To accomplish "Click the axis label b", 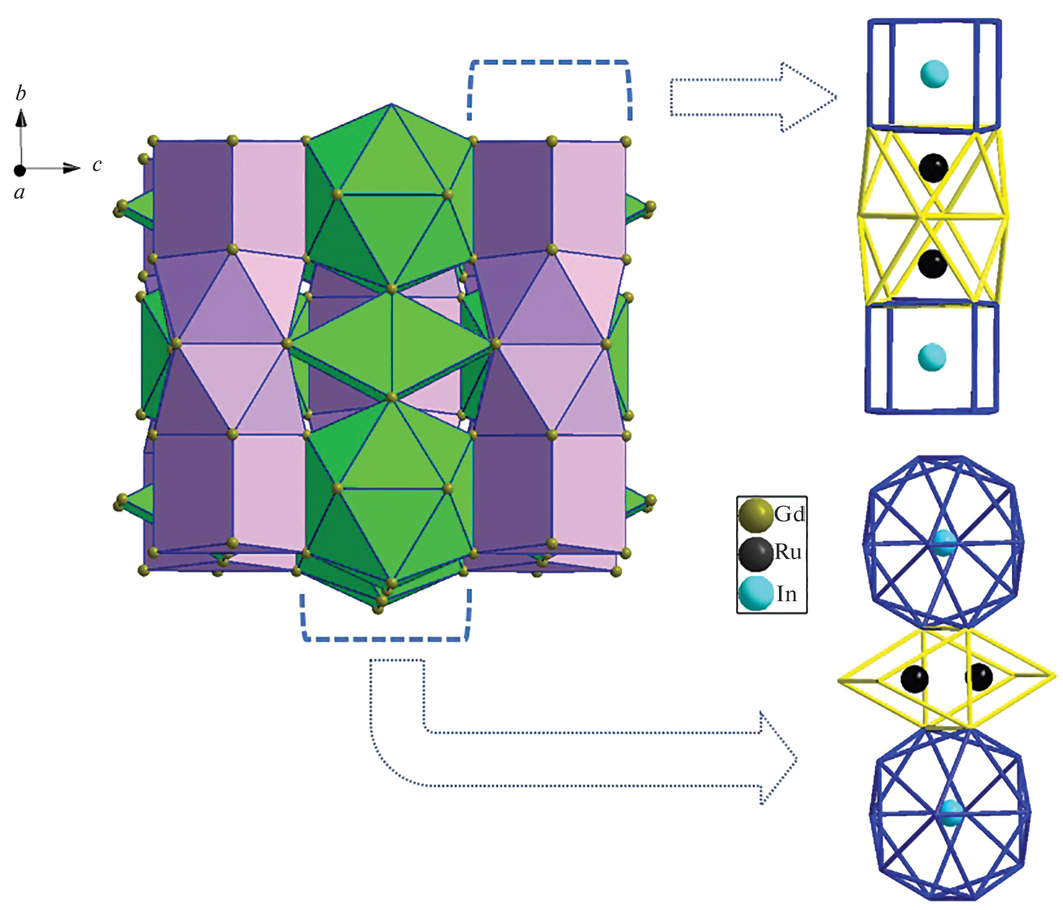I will click(21, 93).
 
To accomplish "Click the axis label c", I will click(97, 165).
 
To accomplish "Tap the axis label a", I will click(20, 193).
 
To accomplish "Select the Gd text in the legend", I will click(789, 514).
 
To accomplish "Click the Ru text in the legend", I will click(787, 552).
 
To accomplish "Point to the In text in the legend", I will click(786, 594).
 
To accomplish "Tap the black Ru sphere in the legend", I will click(755, 554).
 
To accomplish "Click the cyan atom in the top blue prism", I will click(934, 74).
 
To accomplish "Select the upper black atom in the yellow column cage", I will click(934, 167).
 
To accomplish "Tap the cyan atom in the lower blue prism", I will click(932, 357).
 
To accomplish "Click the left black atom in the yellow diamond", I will click(914, 679).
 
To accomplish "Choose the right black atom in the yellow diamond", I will click(979, 677).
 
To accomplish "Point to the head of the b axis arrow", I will click(21, 117).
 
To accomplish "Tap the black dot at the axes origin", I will click(20, 170).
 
